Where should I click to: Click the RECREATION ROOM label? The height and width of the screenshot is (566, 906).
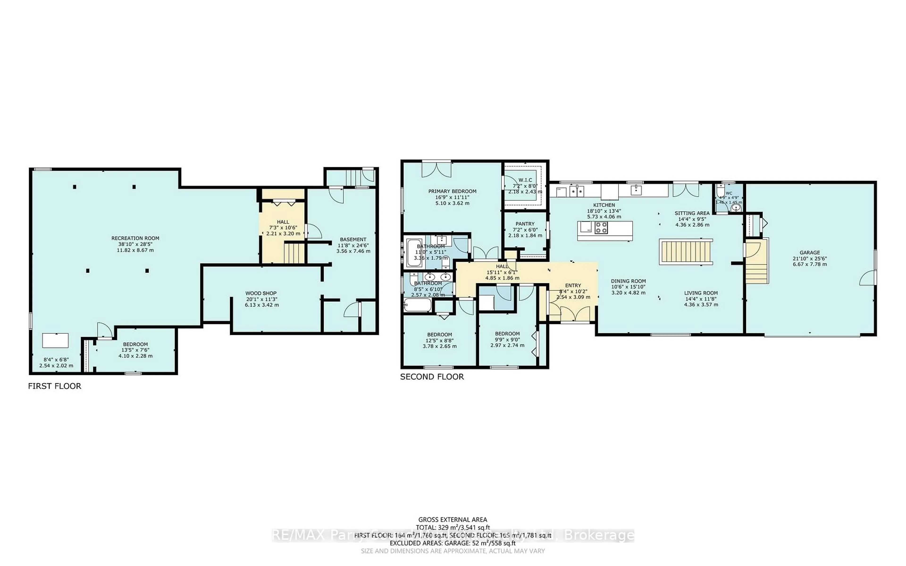[135, 238]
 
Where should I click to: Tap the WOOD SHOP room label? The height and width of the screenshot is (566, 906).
[261, 293]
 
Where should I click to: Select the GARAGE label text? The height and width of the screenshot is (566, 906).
[810, 252]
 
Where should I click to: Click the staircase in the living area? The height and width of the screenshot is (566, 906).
[686, 252]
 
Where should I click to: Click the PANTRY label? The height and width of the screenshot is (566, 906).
[525, 224]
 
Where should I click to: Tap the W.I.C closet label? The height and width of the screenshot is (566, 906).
[525, 180]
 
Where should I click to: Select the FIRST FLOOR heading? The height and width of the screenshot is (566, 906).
[55, 386]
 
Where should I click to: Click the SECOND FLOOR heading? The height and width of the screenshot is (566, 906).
[432, 377]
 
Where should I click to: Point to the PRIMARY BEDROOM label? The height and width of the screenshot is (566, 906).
[452, 191]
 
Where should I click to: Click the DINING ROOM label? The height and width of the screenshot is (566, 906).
[628, 281]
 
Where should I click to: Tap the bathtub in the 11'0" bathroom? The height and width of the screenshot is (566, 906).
[414, 253]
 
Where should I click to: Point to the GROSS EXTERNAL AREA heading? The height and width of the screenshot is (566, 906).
[452, 520]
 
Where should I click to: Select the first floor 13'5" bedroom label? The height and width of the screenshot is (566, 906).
[135, 344]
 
